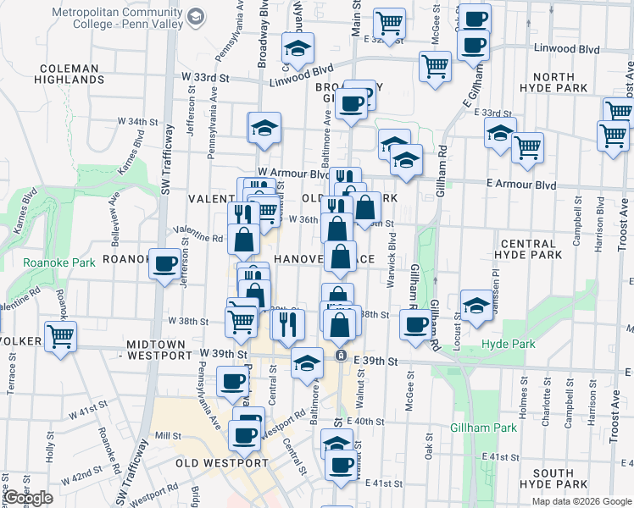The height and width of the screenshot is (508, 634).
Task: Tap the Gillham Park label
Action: click(483, 428)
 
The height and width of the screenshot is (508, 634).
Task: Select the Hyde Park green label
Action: click(509, 345)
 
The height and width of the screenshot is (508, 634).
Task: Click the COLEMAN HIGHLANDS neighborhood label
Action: click(70, 73)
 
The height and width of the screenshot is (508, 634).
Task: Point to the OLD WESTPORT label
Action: click(221, 463)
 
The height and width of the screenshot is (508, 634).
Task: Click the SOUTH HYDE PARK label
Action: click(560, 478)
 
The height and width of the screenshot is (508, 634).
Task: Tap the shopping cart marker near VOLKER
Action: click(60, 336)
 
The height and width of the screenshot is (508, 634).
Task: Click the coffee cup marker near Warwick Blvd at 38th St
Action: click(414, 324)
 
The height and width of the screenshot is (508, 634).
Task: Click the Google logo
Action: click(27, 498)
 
